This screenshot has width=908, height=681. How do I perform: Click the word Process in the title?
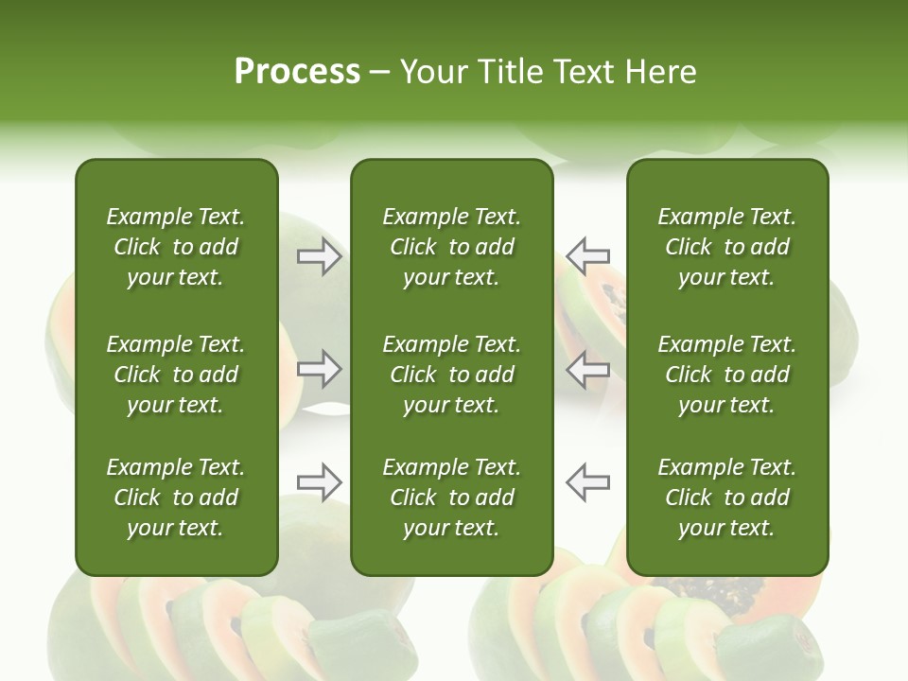pyautogui.click(x=297, y=72)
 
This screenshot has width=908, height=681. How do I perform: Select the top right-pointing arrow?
pyautogui.click(x=320, y=255)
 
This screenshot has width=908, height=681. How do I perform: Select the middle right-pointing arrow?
pyautogui.click(x=320, y=369)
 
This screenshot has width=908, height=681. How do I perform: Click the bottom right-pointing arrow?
pyautogui.click(x=320, y=482)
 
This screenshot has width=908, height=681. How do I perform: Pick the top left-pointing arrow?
pyautogui.click(x=587, y=255)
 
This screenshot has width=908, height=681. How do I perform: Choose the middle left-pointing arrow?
pyautogui.click(x=587, y=369)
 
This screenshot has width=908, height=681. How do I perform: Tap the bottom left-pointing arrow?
pyautogui.click(x=587, y=482)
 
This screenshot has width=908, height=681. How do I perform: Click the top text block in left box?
pyautogui.click(x=176, y=247)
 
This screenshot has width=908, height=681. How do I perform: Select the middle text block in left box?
pyautogui.click(x=176, y=375)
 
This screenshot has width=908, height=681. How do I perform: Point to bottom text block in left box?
pyautogui.click(x=176, y=498)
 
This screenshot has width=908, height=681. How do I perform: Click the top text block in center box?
pyautogui.click(x=451, y=247)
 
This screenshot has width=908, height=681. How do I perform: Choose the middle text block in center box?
pyautogui.click(x=451, y=375)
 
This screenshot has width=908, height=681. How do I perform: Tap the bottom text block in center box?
pyautogui.click(x=451, y=498)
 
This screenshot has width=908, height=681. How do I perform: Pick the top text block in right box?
pyautogui.click(x=726, y=247)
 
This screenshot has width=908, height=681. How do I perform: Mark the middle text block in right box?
pyautogui.click(x=726, y=375)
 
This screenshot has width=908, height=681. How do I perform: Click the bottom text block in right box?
pyautogui.click(x=726, y=498)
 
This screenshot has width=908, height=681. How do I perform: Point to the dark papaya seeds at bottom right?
pyautogui.click(x=733, y=596)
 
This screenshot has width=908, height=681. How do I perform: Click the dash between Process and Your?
pyautogui.click(x=379, y=73)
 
